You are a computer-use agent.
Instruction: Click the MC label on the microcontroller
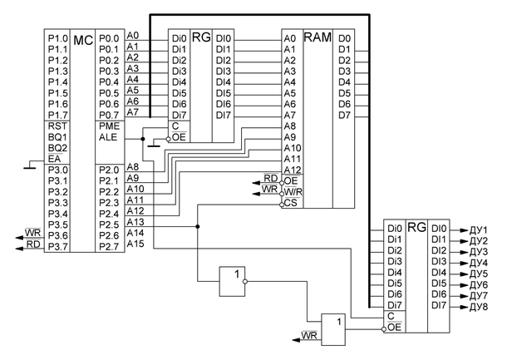point(83,40)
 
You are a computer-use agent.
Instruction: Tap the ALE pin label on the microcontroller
point(109,137)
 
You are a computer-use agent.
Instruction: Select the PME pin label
point(109,126)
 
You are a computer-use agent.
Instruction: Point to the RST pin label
point(57,126)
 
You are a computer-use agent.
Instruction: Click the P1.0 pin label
point(58,38)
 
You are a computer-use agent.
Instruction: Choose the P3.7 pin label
point(58,246)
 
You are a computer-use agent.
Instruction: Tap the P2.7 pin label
point(109,246)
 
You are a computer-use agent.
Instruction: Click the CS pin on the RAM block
point(290,202)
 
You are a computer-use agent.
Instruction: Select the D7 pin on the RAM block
point(345,114)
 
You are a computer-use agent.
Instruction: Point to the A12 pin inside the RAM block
point(291,169)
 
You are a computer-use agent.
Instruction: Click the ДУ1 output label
point(478,229)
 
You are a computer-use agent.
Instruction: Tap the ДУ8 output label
point(478,306)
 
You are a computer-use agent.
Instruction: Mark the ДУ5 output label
point(478,273)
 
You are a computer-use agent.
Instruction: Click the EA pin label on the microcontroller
point(55,158)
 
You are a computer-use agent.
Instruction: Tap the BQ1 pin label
point(57,136)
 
